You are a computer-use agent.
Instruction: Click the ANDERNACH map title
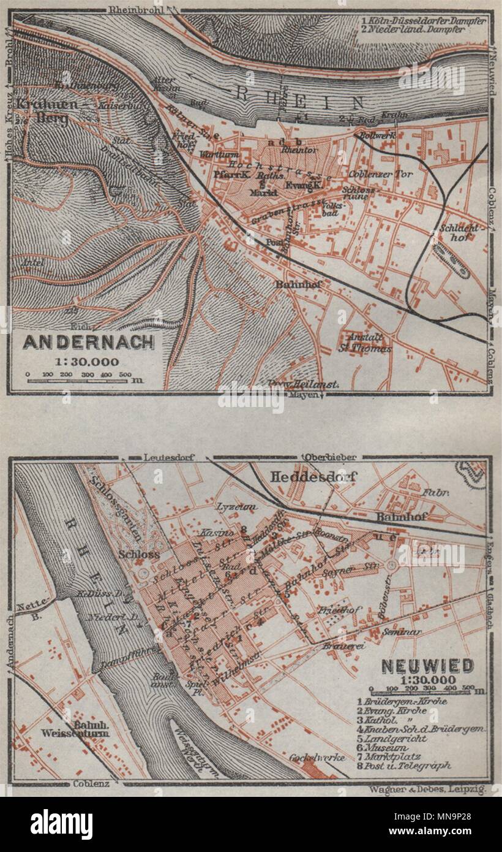89,342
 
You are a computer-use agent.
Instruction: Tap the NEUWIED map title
427,666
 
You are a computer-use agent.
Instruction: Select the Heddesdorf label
313,476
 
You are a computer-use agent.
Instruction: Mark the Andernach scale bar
77,378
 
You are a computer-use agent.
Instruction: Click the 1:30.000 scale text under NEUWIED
426,679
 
